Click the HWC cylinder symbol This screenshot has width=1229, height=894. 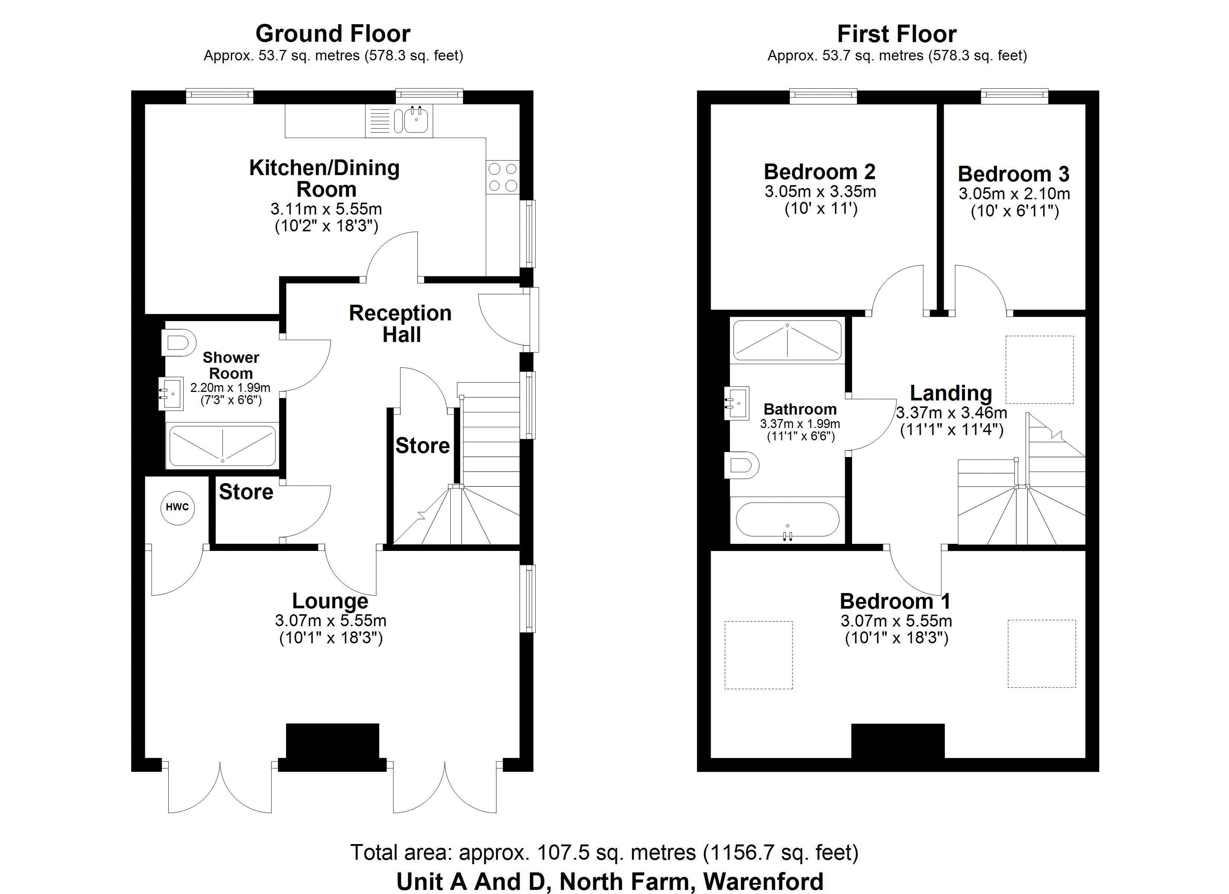(177, 507)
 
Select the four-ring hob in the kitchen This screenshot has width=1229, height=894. (503, 177)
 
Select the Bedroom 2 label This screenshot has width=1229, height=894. (819, 172)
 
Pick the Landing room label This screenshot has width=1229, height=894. (951, 393)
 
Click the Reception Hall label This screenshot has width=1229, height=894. (400, 324)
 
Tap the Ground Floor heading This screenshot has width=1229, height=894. (333, 34)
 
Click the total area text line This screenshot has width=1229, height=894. (604, 852)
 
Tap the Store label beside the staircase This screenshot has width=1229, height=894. (423, 446)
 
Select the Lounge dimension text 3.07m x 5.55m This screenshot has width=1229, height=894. (331, 620)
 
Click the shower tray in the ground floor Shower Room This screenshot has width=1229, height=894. (223, 446)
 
